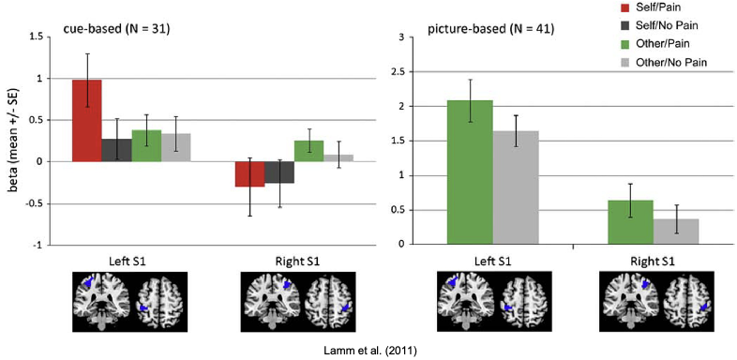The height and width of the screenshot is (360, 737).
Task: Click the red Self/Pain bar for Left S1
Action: (x=87, y=120)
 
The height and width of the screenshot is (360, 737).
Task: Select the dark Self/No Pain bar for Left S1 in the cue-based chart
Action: (x=116, y=150)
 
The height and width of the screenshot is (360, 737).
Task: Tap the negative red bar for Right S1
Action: (x=249, y=173)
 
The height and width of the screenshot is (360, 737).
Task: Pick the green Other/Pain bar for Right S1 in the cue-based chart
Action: (x=308, y=151)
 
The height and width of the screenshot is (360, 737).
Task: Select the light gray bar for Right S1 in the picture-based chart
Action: (x=676, y=231)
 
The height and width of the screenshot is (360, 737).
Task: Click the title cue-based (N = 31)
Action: (x=115, y=29)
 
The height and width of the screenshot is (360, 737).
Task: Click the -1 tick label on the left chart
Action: (x=38, y=244)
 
